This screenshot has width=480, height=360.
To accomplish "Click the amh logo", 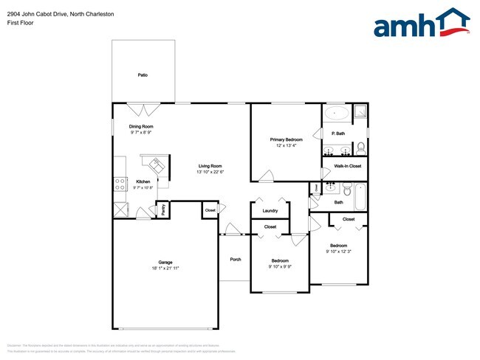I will tap(422, 24).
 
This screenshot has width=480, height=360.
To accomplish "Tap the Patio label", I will tap(143, 75).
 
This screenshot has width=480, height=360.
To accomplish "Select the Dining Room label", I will tap(142, 126).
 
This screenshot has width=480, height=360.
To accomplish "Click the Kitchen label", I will tap(143, 181).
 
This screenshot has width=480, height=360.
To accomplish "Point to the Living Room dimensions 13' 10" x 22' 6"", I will tap(210, 172).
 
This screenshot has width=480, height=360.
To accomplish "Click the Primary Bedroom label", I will tap(286, 139).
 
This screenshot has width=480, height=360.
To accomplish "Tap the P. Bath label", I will tap(339, 134).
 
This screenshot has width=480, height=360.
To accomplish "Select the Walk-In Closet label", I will tap(347, 166).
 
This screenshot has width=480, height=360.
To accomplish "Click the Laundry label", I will tap(270, 211).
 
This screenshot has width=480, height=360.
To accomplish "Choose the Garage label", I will tap(165, 263).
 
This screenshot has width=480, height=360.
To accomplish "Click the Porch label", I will tap(236, 259).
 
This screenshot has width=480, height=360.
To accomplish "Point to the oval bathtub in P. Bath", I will tap(337, 114).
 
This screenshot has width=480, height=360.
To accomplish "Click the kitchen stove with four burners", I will tap(118, 184).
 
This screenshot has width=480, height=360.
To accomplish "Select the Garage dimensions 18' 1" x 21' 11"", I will tap(165, 269).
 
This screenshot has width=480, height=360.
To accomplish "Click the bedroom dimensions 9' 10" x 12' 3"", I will tap(338, 252).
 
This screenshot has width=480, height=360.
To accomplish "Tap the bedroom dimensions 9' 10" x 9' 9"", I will tap(279, 266).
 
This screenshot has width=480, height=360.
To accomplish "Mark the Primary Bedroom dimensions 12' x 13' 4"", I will tap(286, 145).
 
